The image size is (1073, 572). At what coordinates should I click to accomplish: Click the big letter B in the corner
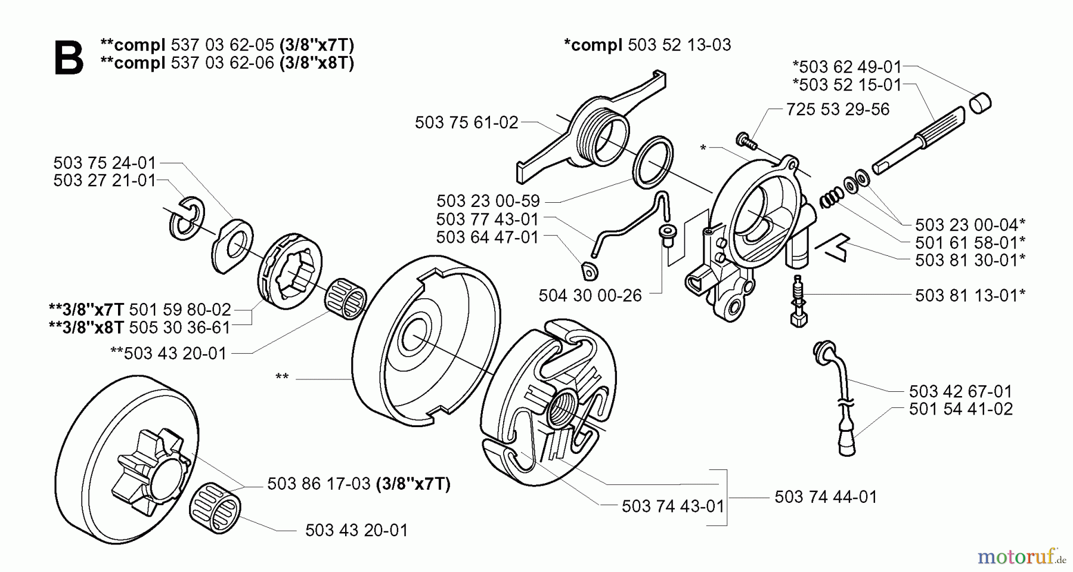point(69,58)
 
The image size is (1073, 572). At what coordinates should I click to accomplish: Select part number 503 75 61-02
point(467,123)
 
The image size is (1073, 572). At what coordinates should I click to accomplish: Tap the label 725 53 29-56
point(838,109)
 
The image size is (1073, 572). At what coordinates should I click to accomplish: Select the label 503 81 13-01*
point(970,295)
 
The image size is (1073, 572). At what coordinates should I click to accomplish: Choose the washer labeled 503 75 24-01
point(232,246)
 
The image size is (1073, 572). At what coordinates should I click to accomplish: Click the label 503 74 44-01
point(826,497)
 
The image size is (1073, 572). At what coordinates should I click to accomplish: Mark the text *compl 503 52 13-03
point(647,45)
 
